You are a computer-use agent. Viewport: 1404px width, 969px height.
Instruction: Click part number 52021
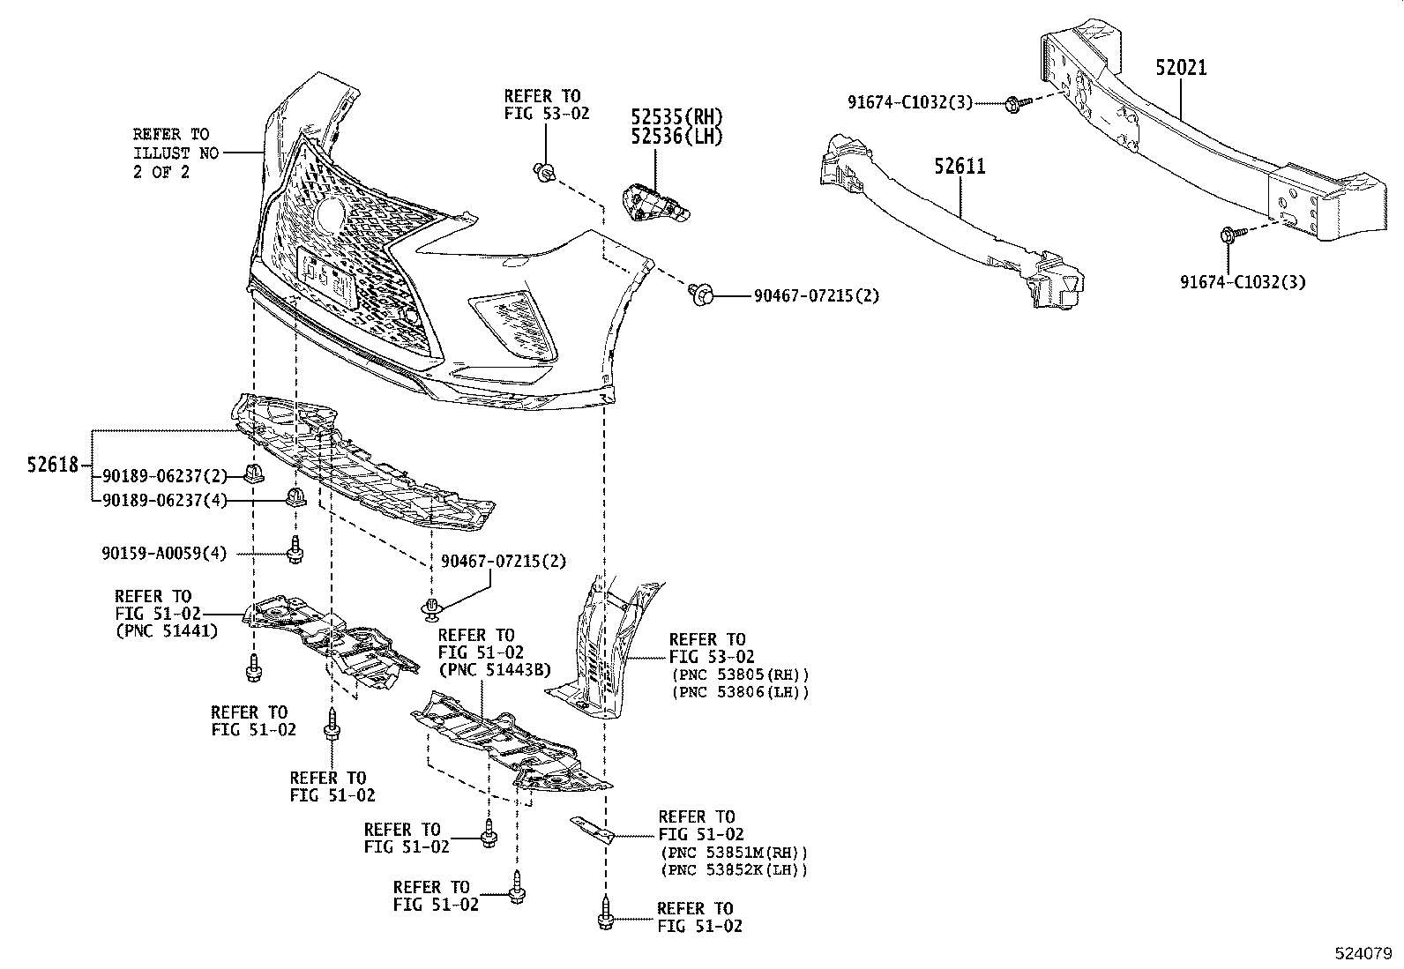tap(1182, 68)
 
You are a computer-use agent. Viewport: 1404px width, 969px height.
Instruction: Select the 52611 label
tap(960, 166)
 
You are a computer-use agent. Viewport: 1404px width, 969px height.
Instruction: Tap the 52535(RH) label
tap(676, 116)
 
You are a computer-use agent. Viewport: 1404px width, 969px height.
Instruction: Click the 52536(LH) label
tap(676, 136)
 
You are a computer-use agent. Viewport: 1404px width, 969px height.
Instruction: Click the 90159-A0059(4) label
tap(164, 554)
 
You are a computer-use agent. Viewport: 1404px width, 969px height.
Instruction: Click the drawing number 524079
tap(1362, 953)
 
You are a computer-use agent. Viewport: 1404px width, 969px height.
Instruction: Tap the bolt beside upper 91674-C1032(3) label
tap(1012, 104)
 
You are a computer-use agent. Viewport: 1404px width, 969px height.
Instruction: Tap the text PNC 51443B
tap(494, 670)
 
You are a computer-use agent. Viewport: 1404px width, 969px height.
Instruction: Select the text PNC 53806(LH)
tap(739, 692)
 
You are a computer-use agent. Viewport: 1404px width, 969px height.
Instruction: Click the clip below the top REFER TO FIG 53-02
tap(544, 172)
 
